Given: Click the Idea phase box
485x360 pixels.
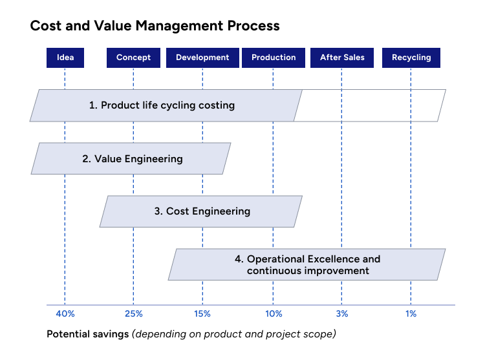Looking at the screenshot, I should pyautogui.click(x=65, y=58).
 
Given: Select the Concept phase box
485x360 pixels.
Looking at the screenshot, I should pyautogui.click(x=133, y=58).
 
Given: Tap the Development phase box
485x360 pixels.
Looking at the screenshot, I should pyautogui.click(x=202, y=58).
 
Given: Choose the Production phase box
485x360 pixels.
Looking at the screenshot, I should pyautogui.click(x=274, y=58).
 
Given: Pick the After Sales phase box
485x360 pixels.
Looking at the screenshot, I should pyautogui.click(x=342, y=58).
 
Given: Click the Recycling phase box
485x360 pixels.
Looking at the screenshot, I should pyautogui.click(x=411, y=58).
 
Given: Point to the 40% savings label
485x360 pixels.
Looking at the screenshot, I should pyautogui.click(x=65, y=314).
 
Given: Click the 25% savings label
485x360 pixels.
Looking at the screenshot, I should pyautogui.click(x=133, y=314).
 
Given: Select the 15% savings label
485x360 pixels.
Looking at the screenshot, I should pyautogui.click(x=202, y=314).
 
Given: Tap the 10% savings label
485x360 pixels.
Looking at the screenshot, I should pyautogui.click(x=274, y=314).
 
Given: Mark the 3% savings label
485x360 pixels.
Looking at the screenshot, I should pyautogui.click(x=342, y=314).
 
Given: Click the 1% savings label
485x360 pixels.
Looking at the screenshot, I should pyautogui.click(x=411, y=314).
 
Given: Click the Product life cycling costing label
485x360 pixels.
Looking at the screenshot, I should pyautogui.click(x=162, y=105).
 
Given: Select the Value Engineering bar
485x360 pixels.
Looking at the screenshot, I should pyautogui.click(x=132, y=158).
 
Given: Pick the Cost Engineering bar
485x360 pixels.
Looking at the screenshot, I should pyautogui.click(x=201, y=211).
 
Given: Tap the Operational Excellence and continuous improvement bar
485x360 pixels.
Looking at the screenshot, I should pyautogui.click(x=307, y=265).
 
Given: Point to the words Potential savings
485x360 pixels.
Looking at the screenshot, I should pyautogui.click(x=87, y=334).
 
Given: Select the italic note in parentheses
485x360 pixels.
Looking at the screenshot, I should pyautogui.click(x=234, y=334).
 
